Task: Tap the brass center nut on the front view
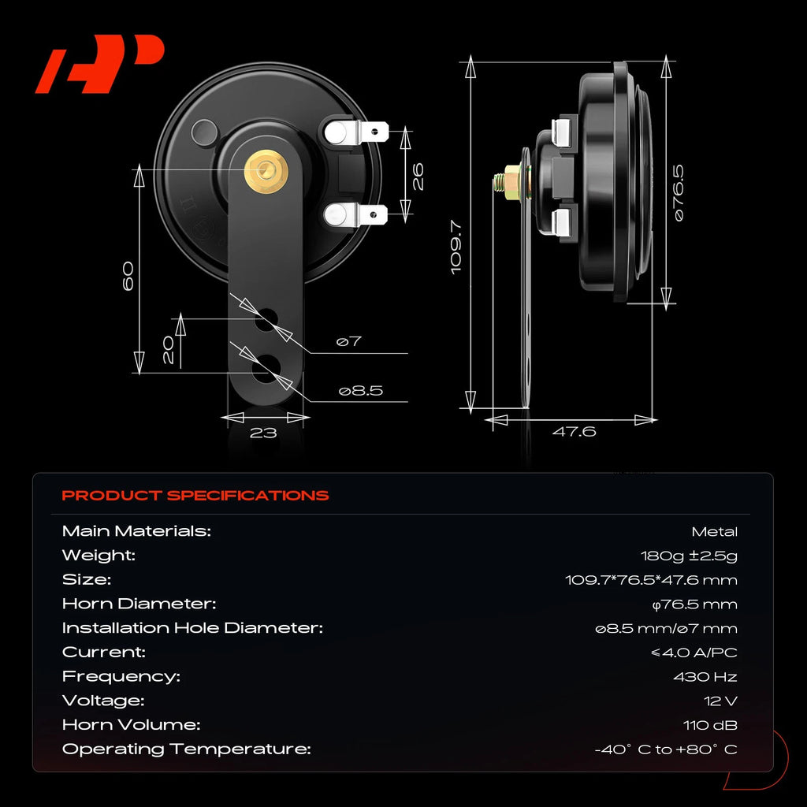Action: click(x=266, y=171)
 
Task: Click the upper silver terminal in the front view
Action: click(x=355, y=132)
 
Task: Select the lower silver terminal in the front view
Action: click(x=355, y=214)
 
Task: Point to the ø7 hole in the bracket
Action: click(x=266, y=320)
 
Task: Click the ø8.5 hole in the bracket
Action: click(x=266, y=369)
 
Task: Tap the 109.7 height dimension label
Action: click(x=456, y=247)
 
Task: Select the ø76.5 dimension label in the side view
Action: click(x=679, y=193)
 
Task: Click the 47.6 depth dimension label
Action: click(x=574, y=431)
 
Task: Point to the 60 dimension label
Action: click(x=128, y=276)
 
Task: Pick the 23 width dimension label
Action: click(x=263, y=433)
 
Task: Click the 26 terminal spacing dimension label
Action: click(x=418, y=177)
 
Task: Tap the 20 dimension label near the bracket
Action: click(x=169, y=350)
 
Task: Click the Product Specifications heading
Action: click(x=195, y=495)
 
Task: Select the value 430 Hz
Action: click(x=705, y=677)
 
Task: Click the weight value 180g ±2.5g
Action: click(x=689, y=556)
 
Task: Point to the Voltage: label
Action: click(x=103, y=701)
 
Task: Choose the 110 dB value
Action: click(x=710, y=725)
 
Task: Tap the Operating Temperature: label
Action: click(x=186, y=749)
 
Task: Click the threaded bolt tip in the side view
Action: click(x=497, y=182)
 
